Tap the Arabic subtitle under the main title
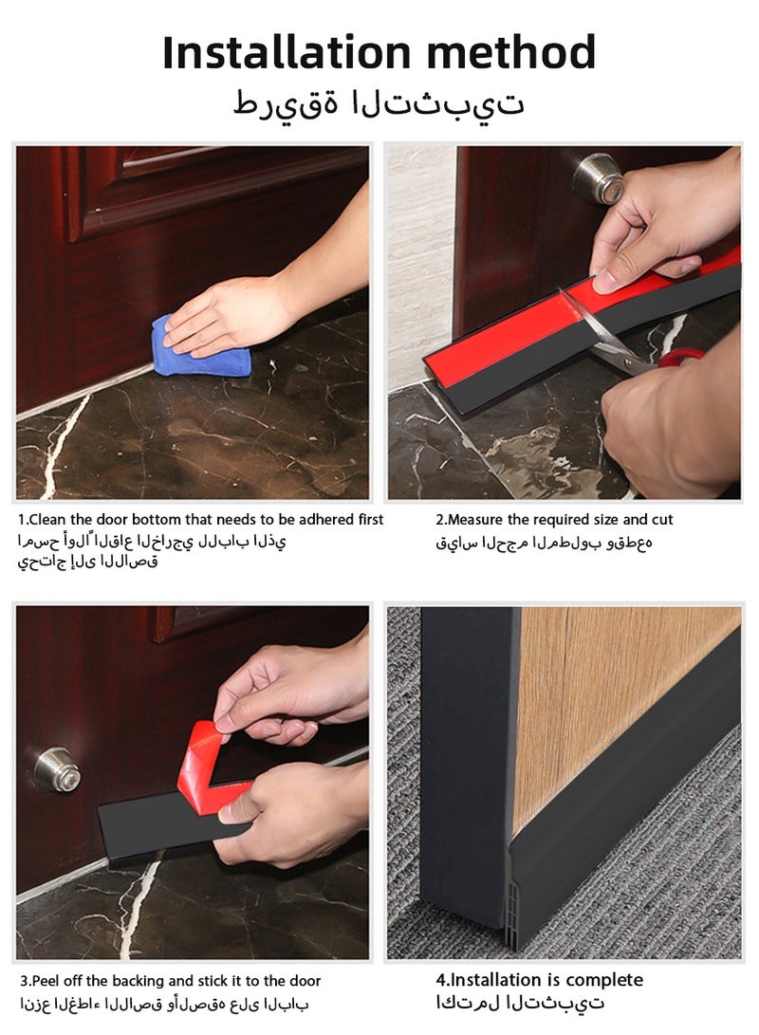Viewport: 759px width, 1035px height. tap(379, 103)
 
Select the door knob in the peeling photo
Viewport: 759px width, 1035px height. tap(57, 768)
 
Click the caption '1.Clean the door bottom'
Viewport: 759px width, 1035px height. tap(201, 520)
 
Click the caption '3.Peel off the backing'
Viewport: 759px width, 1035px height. tap(170, 981)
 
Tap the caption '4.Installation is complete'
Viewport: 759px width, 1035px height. tap(539, 980)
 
